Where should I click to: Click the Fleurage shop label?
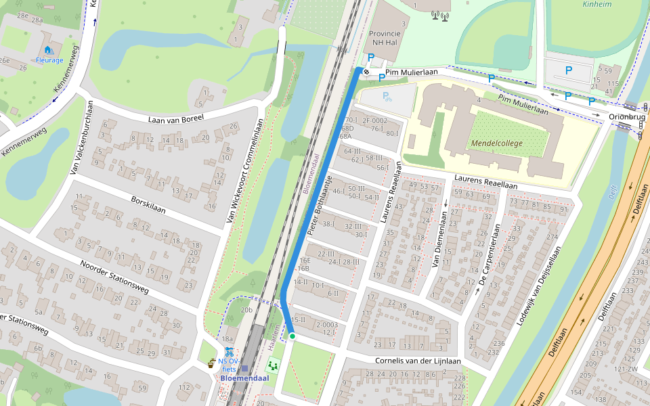pos(49,60)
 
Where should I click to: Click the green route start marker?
pos(292,336)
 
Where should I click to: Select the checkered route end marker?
pos(366,71)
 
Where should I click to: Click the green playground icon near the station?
pos(274,364)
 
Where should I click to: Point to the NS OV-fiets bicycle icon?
pos(230,353)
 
